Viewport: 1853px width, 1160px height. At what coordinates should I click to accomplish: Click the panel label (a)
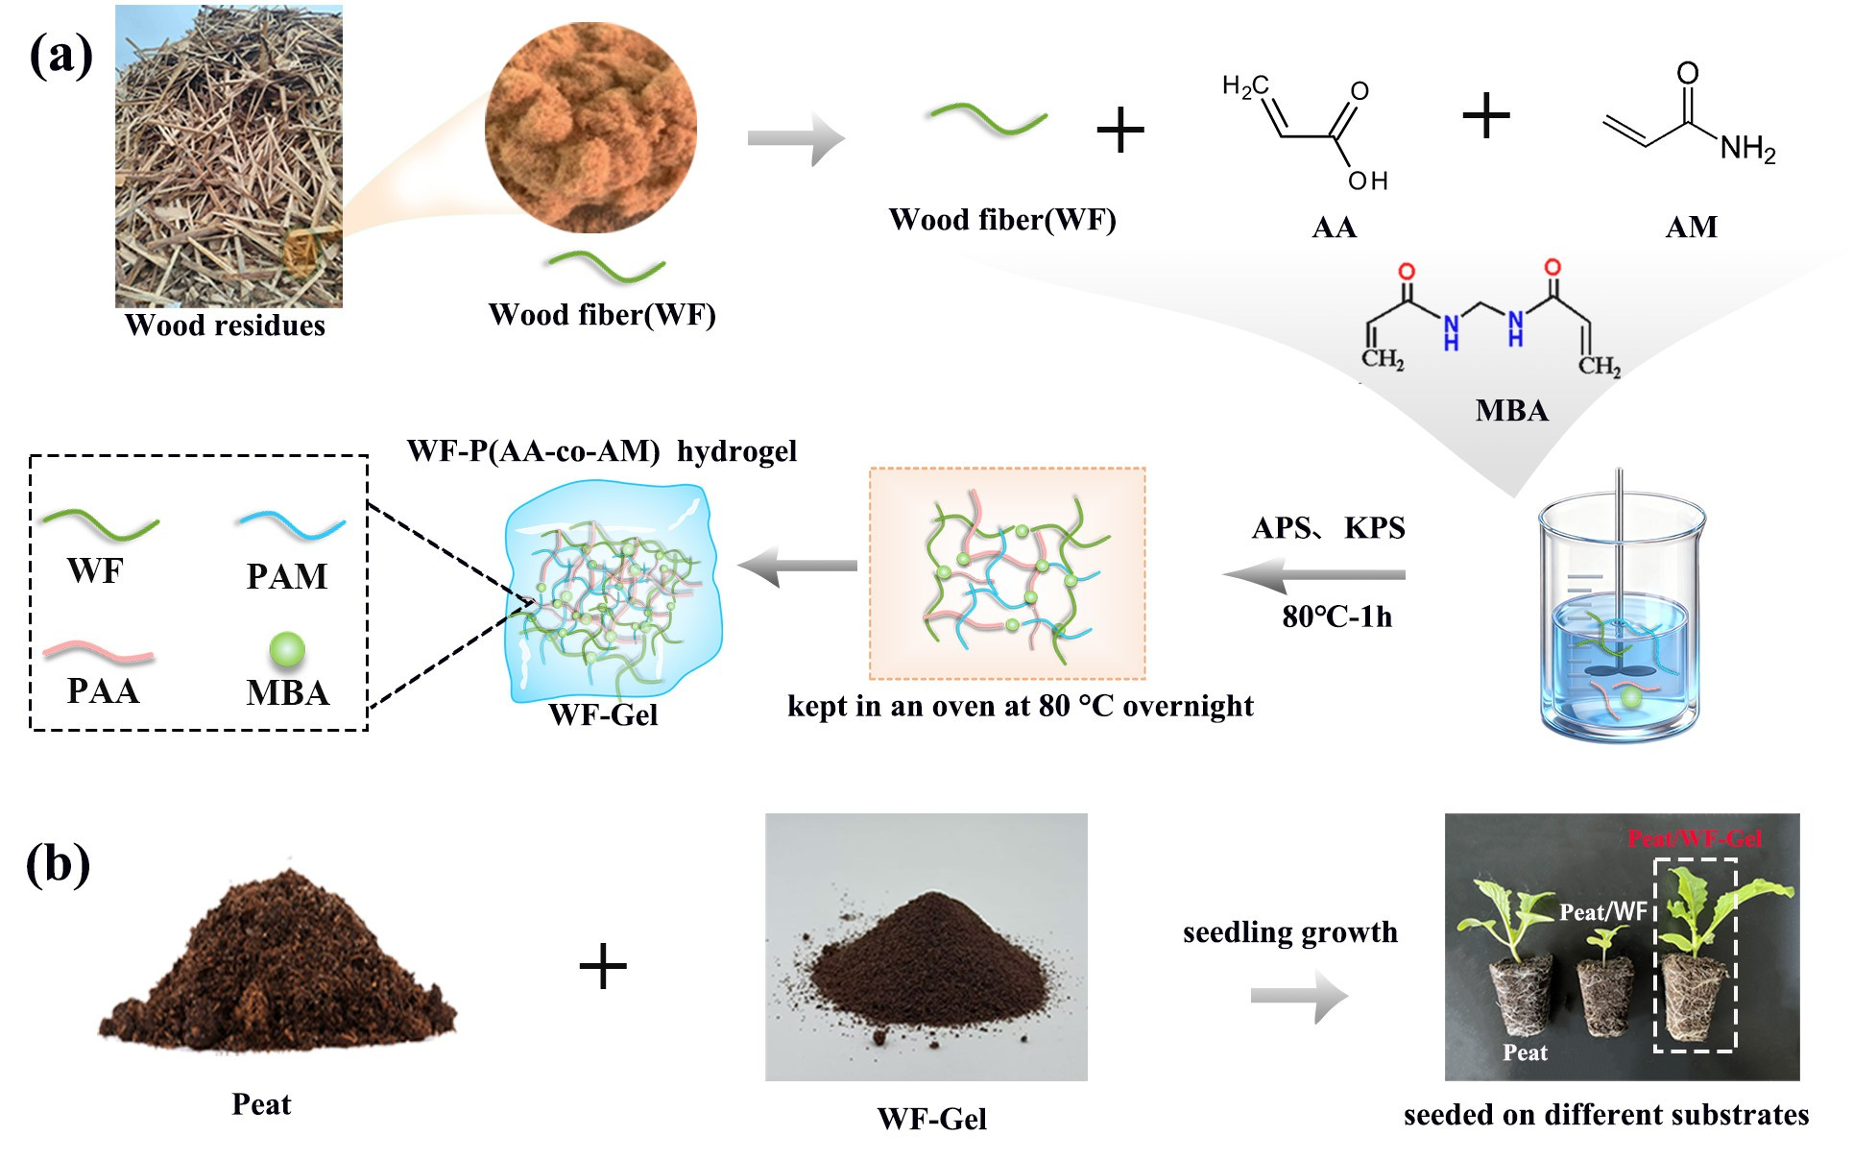click(61, 56)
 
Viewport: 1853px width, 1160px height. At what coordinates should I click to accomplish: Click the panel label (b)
click(59, 864)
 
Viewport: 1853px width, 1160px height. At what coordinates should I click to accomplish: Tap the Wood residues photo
click(229, 157)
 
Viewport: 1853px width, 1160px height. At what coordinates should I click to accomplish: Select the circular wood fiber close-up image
click(590, 127)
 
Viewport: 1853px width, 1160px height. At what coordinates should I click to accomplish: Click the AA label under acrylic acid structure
click(1334, 228)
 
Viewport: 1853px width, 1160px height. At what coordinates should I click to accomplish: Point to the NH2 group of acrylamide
click(1747, 149)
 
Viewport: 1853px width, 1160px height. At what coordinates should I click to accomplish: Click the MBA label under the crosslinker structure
click(1511, 411)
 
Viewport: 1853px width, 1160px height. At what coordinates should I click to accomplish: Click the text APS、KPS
click(1328, 528)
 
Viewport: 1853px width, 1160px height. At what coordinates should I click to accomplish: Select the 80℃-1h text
click(1336, 616)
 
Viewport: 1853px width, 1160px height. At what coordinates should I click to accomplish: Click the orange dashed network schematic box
click(1007, 573)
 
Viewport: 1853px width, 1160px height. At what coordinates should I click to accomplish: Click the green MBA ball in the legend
click(286, 650)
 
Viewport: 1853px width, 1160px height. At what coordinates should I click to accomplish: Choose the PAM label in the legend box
click(287, 576)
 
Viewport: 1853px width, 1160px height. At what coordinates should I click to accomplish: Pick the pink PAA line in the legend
click(98, 653)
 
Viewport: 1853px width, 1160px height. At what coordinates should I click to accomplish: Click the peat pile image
click(277, 965)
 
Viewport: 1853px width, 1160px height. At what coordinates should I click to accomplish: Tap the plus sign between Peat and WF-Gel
click(603, 966)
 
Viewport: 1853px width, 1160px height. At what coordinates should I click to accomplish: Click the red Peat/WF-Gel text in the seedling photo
click(1695, 838)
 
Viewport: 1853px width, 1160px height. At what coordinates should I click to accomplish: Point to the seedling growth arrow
click(1299, 997)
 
